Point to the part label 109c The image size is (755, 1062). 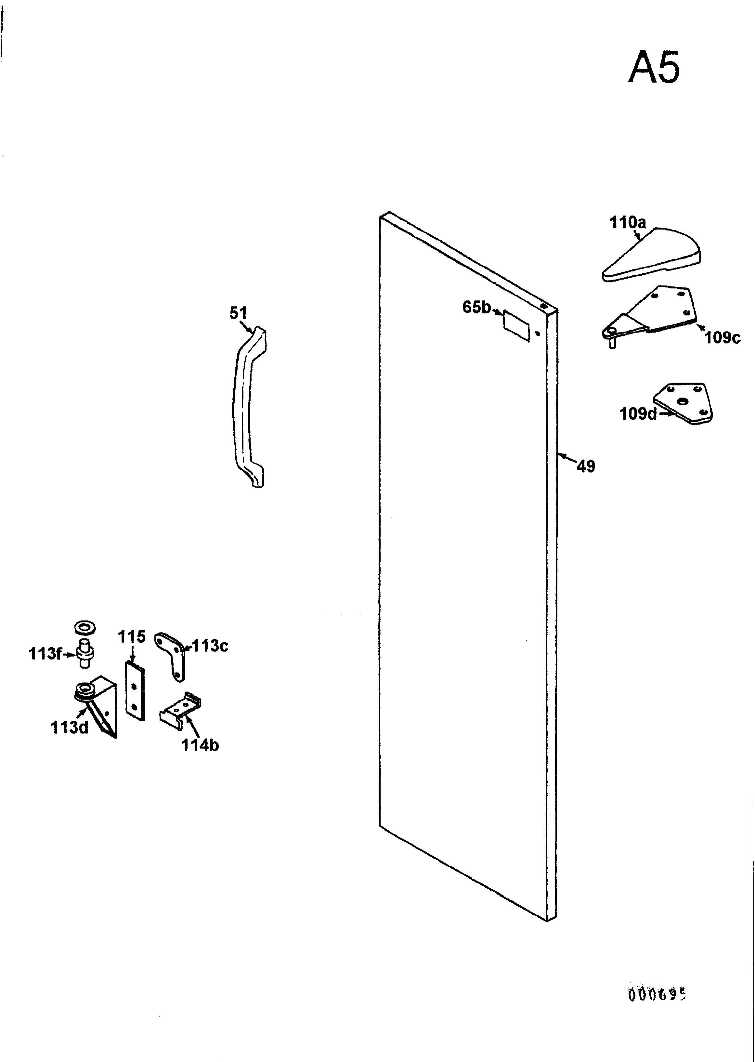click(x=722, y=337)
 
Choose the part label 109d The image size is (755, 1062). click(x=638, y=413)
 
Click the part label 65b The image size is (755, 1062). click(x=476, y=307)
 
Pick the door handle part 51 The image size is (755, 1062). click(x=249, y=407)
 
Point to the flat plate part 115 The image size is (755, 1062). click(x=135, y=691)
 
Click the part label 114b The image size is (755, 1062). click(x=200, y=745)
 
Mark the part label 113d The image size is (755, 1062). click(x=69, y=728)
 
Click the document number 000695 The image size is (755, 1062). click(x=657, y=995)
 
